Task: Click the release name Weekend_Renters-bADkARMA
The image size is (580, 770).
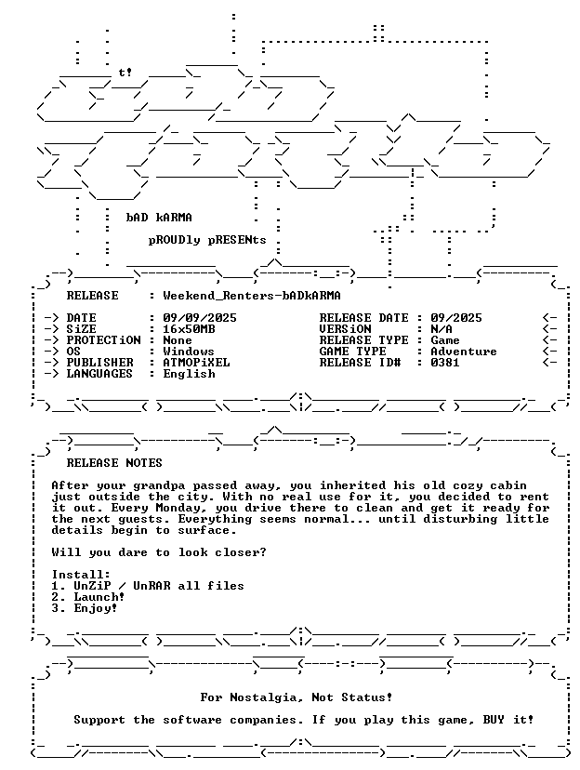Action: (252, 296)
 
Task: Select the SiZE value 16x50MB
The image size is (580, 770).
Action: (189, 329)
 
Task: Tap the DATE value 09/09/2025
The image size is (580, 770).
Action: (200, 318)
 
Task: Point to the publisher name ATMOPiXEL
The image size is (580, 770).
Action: (196, 363)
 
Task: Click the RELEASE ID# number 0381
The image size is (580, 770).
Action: (445, 363)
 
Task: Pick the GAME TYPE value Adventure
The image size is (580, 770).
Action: (464, 352)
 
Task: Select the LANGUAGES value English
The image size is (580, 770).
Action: (189, 374)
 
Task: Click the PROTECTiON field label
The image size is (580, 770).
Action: (103, 339)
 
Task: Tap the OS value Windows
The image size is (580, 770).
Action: (189, 352)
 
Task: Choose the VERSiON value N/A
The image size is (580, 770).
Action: (442, 329)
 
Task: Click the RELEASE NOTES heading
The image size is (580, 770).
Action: (114, 463)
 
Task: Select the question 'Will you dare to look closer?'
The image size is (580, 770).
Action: (159, 552)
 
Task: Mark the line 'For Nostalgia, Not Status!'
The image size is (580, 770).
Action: (297, 697)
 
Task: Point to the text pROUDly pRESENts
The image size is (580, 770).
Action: (207, 240)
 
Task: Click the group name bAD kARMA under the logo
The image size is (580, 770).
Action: (159, 218)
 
